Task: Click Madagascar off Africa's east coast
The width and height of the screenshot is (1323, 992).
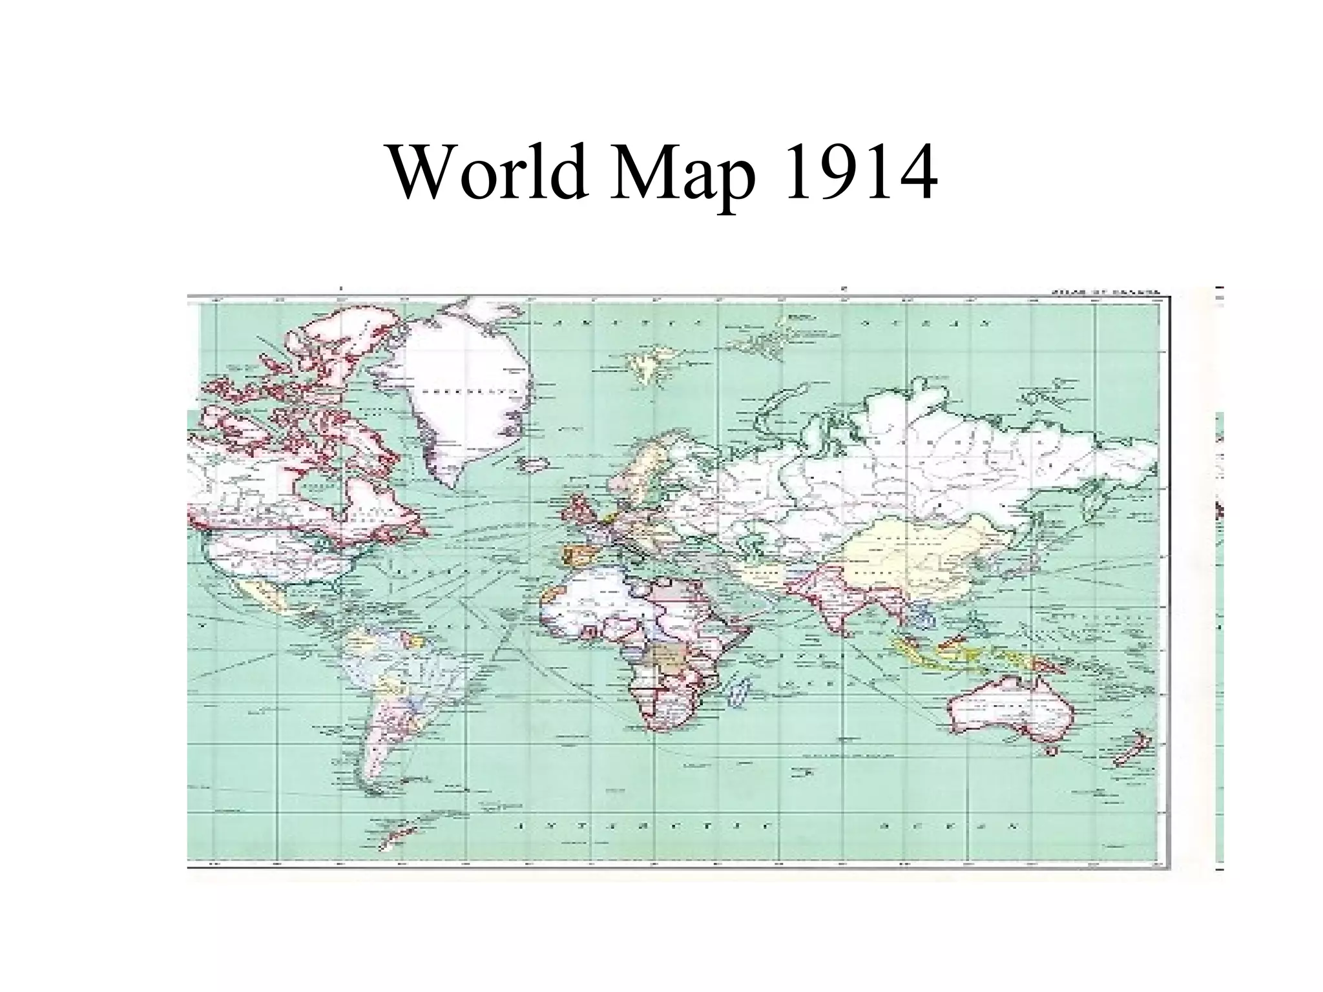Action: tap(737, 692)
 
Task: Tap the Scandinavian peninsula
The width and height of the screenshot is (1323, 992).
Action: tap(646, 465)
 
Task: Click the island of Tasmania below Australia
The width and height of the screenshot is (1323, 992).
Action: tap(1052, 751)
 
